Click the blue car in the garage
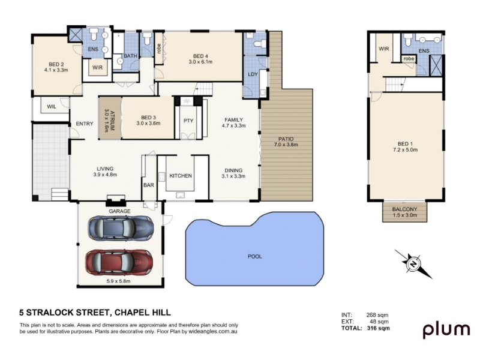click(121, 228)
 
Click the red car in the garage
click(119, 262)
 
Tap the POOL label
click(254, 257)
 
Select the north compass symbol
click(413, 264)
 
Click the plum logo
click(446, 330)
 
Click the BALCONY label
click(404, 209)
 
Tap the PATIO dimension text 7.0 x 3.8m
click(286, 145)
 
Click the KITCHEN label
click(181, 176)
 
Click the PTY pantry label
click(188, 121)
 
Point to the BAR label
click(149, 185)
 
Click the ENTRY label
click(85, 124)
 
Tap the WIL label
click(52, 107)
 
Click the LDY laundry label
click(253, 74)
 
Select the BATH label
click(130, 56)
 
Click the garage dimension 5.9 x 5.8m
click(118, 281)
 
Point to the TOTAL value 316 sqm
click(379, 328)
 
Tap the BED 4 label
click(200, 56)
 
